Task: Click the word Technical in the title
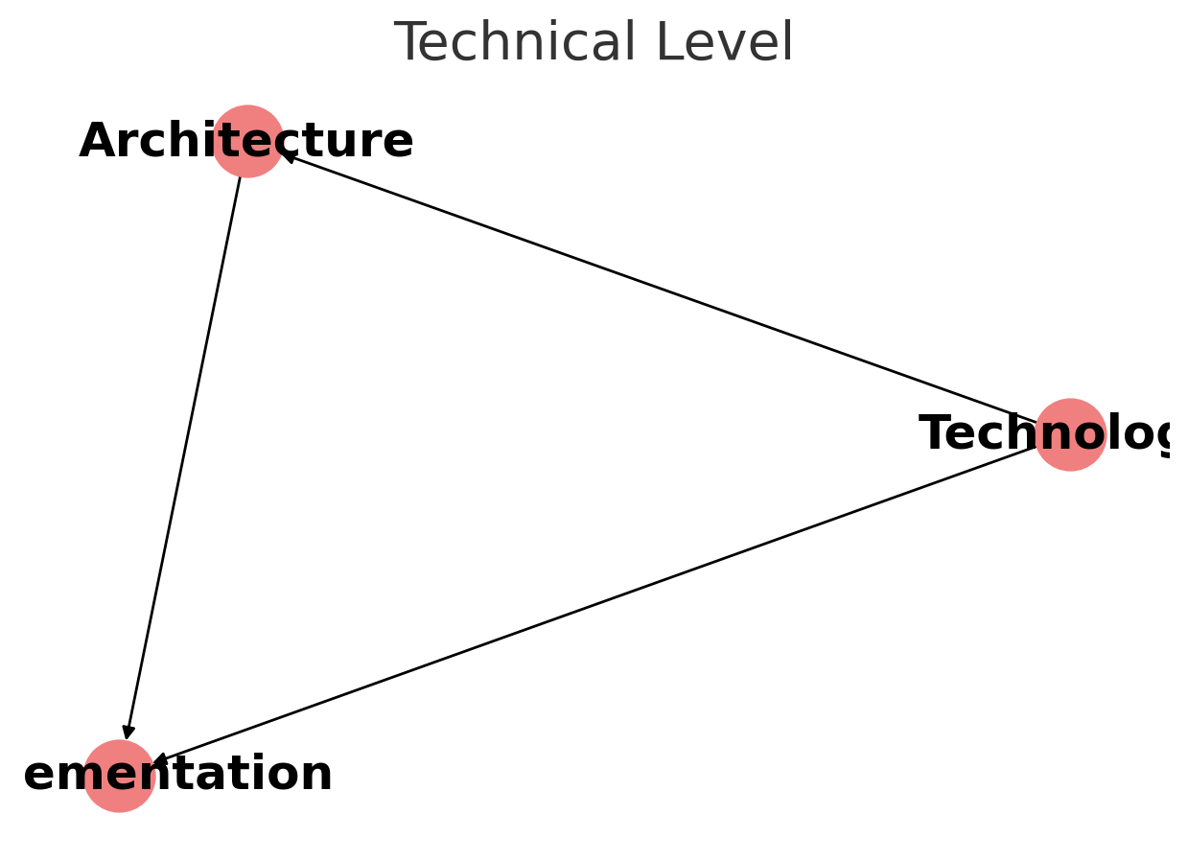point(517,44)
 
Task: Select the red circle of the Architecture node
point(247,123)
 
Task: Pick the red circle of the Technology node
point(1071,456)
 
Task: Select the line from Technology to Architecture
point(662,289)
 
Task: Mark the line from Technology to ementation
point(594,605)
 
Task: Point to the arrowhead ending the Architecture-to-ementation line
point(128,732)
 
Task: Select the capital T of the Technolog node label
point(935,434)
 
